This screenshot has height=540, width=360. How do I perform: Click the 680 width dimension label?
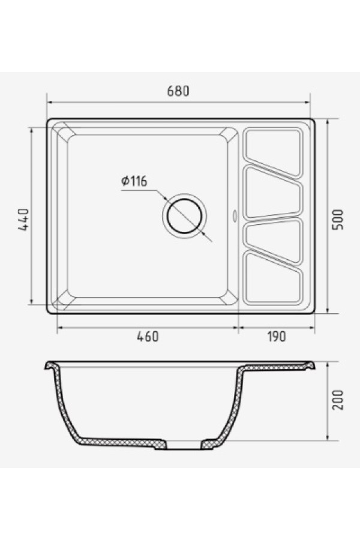178,91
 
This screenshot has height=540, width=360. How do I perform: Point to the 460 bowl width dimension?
147,336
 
